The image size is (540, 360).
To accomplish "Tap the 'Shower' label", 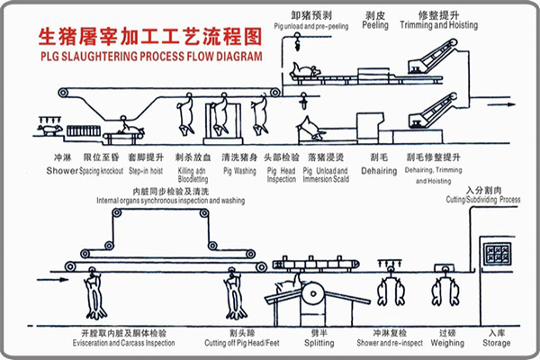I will pyautogui.click(x=62, y=170).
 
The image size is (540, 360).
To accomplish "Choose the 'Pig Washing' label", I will pyautogui.click(x=240, y=170).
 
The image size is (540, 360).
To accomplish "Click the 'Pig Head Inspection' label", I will pyautogui.click(x=281, y=174).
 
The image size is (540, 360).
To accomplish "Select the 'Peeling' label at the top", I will pyautogui.click(x=376, y=26).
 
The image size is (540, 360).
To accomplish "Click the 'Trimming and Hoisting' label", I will pyautogui.click(x=446, y=26).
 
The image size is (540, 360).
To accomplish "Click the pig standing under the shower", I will pyautogui.click(x=53, y=130).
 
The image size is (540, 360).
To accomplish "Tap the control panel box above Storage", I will pyautogui.click(x=496, y=251).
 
